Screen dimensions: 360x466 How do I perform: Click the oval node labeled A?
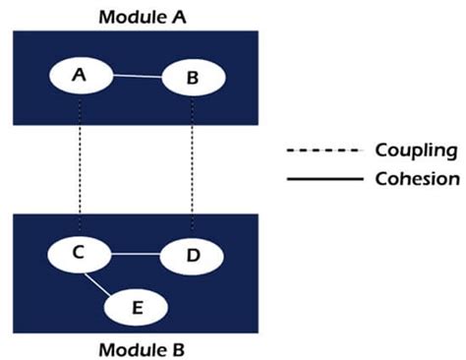[x=80, y=75]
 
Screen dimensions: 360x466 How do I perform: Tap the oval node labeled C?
[x=80, y=253]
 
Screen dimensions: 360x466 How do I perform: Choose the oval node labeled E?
[x=137, y=306]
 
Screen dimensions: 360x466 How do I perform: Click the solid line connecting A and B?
[x=136, y=77]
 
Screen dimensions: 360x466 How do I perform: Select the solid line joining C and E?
[x=101, y=283]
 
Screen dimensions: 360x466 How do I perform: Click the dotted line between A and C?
[x=80, y=167]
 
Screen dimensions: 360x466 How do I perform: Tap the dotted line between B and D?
[x=193, y=167]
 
